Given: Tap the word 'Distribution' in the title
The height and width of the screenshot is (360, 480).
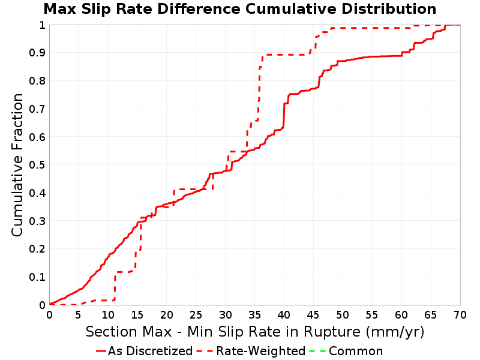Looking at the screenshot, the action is coord(389,9).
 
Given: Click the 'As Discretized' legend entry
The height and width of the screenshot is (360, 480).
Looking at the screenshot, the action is coord(144,351).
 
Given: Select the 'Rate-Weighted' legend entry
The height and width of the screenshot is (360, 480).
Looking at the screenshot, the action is coord(251,351).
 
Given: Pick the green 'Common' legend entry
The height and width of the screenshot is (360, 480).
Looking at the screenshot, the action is coord(346,351).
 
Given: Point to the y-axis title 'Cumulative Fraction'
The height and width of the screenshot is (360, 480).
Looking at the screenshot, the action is coord(17,165).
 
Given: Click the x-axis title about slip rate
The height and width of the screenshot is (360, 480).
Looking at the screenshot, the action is coord(255,332).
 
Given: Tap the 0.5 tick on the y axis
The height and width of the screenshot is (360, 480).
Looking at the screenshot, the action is coord(37,165).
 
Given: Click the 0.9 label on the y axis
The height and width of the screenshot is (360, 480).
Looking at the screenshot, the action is coord(37,53).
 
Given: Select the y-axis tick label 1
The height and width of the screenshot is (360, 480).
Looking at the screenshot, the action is coord(42,25).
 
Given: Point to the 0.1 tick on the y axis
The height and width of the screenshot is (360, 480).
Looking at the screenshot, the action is coord(37,277).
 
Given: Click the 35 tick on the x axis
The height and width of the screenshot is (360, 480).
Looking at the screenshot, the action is coord(254,314).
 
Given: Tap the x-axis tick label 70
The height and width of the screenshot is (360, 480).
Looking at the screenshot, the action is coord(460,314).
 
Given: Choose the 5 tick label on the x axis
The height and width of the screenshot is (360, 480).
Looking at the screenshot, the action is coord(79,314).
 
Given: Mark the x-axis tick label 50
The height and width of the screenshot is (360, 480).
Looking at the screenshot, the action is coord(343,314).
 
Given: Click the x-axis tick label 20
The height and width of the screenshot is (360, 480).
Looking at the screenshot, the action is coord(167,314).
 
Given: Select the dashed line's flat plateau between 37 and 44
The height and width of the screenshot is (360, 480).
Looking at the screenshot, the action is coord(286,55).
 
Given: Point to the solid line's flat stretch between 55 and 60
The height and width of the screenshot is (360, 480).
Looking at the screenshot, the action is coord(386,56).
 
